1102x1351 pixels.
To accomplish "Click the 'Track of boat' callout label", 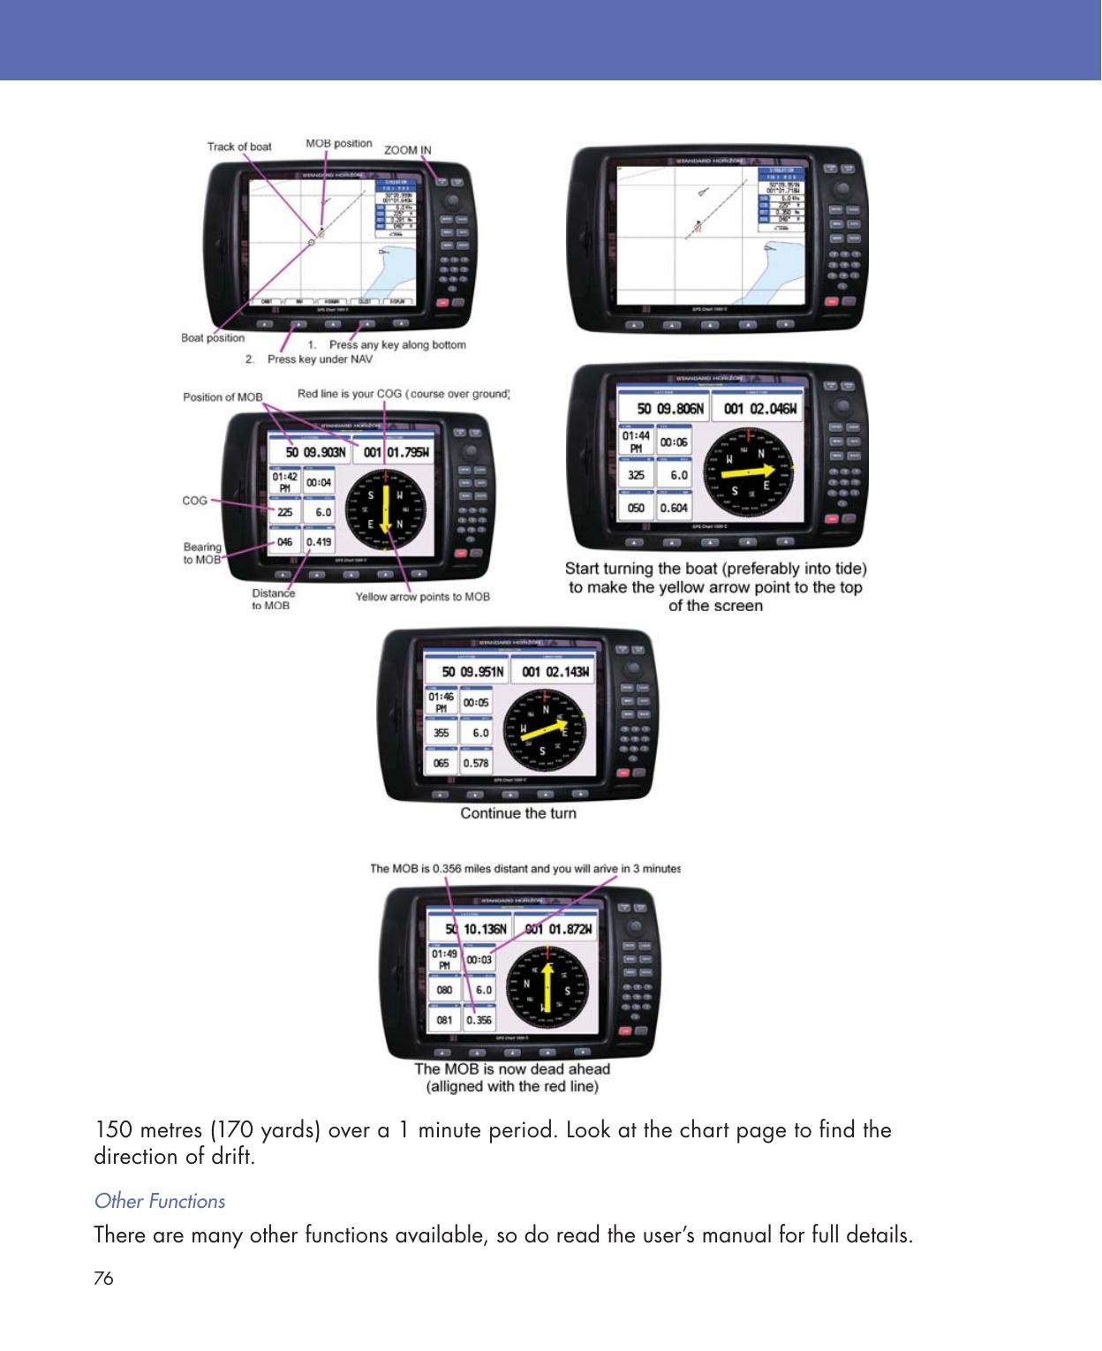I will pos(239,147).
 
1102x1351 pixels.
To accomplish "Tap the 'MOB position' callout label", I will pos(339,143).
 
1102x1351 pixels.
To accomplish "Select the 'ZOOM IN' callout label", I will pos(408,150).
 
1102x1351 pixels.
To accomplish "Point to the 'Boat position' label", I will pos(213,337).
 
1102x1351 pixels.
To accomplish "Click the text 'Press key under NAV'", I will pos(320,359).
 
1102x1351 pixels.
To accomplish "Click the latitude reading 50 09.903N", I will pos(315,452).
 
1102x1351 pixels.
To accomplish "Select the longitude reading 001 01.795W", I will pos(396,452).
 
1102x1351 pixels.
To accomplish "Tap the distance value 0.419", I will pos(319,541).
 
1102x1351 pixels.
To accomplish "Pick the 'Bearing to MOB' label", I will pos(202,553).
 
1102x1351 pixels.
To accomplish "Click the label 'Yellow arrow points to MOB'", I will pos(422,597).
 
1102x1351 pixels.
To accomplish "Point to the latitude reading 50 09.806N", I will pos(671,409).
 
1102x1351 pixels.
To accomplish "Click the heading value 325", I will pos(636,475).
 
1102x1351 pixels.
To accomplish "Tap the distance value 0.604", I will pos(674,508).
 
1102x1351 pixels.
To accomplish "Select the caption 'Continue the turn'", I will pos(518,813).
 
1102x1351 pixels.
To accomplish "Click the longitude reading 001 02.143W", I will pos(555,672).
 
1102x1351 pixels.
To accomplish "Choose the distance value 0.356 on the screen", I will pos(479,1020).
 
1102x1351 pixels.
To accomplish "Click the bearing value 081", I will pos(444,1020).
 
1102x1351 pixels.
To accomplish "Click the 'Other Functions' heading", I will pos(160,1201).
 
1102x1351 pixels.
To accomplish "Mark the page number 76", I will pos(103,1279).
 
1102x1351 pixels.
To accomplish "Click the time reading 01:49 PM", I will pos(444,960).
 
